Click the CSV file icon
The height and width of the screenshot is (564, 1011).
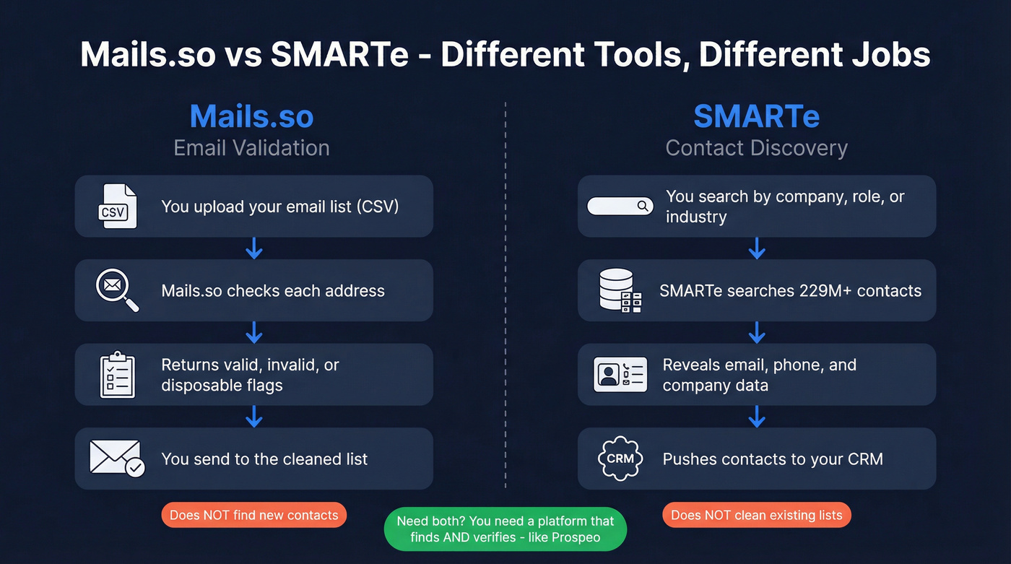[x=117, y=207]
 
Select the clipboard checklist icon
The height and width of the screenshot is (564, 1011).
[x=117, y=375]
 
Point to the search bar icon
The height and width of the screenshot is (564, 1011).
[x=620, y=207]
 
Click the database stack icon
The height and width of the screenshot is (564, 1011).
[x=620, y=290]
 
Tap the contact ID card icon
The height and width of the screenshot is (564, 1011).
[x=620, y=375]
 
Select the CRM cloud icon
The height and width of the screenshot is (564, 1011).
[x=620, y=459]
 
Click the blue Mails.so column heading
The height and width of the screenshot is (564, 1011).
[x=251, y=116]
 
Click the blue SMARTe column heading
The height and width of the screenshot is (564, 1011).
[x=756, y=116]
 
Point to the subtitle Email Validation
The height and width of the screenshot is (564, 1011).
[x=251, y=148]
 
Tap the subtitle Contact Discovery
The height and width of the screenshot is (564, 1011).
[x=756, y=148]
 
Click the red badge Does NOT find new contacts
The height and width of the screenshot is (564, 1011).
[x=253, y=515]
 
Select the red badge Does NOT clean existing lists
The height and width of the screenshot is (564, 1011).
[x=756, y=515]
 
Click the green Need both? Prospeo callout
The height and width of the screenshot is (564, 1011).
[x=506, y=529]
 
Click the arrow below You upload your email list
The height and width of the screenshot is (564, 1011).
[x=253, y=248]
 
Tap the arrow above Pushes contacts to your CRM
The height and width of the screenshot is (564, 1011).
[x=756, y=416]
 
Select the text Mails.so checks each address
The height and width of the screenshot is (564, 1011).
[x=273, y=291]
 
